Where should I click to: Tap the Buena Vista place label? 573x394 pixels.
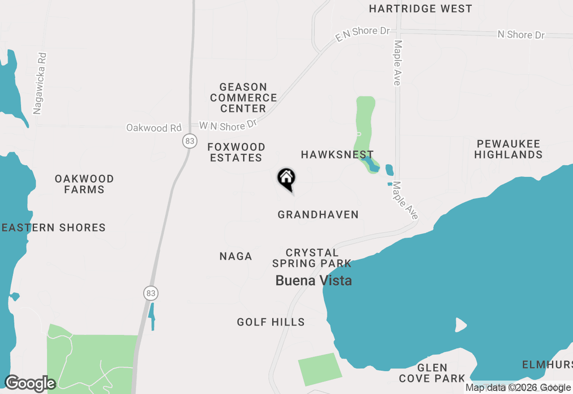click(313, 281)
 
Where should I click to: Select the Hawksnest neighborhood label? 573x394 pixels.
click(337, 155)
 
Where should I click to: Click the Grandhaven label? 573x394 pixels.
click(318, 215)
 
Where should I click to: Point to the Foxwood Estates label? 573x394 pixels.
click(236, 152)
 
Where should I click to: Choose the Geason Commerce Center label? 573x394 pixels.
click(244, 98)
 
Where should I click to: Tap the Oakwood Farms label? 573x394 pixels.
click(84, 184)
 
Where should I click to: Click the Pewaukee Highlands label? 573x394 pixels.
click(509, 150)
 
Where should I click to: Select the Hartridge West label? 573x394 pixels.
click(420, 9)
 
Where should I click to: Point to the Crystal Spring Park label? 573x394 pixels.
click(312, 258)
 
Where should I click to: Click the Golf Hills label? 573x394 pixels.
click(271, 322)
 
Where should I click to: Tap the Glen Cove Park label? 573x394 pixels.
click(432, 373)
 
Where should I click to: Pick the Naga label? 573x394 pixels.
click(236, 257)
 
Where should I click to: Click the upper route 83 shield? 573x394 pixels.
click(190, 141)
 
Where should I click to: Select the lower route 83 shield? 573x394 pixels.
click(151, 294)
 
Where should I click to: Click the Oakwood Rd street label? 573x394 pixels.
click(154, 128)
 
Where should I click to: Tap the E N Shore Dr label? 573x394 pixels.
click(363, 34)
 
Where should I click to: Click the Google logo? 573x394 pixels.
click(30, 384)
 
